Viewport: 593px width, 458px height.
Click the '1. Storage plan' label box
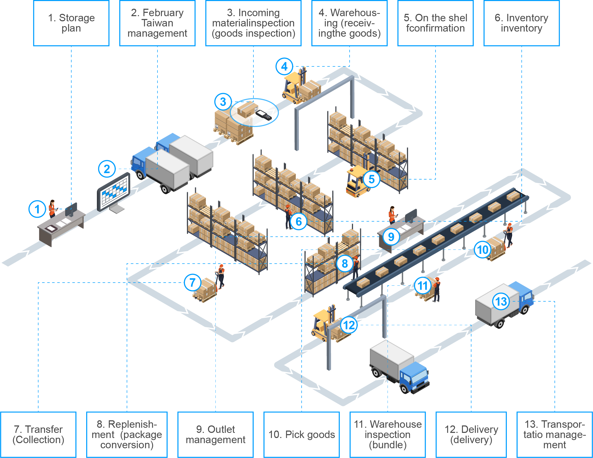71,23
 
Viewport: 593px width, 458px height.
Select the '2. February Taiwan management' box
157,23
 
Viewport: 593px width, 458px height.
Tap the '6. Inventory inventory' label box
521,23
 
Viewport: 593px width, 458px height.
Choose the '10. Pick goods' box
301,435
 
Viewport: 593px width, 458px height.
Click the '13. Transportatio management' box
555,435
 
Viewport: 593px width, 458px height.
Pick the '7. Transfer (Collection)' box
38,435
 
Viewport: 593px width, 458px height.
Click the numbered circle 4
284,66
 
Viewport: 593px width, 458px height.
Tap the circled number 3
223,102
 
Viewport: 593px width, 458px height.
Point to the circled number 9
391,237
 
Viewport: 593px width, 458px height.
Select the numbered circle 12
349,325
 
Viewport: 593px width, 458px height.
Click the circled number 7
193,282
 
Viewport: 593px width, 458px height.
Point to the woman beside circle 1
52,209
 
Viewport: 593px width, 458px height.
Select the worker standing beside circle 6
288,217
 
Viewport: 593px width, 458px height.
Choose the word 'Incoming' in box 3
259,13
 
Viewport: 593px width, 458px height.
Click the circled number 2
107,169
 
